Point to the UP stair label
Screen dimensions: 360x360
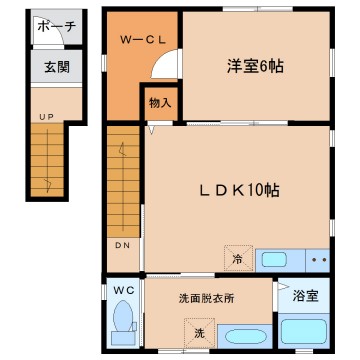tap(46, 117)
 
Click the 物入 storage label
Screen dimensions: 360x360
tap(160, 102)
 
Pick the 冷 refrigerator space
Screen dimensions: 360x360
tap(238, 258)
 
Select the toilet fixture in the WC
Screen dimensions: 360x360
tap(121, 322)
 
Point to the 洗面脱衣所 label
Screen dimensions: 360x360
tap(205, 297)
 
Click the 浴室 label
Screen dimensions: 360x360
tap(306, 296)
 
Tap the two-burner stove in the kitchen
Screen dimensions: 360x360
tap(319, 259)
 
